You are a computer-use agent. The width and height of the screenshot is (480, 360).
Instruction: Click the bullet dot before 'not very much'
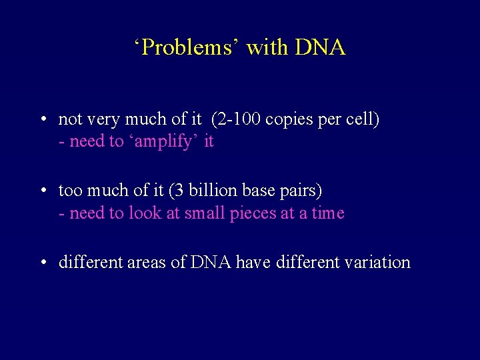click(42, 120)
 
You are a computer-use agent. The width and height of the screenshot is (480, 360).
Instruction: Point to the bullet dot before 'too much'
click(42, 191)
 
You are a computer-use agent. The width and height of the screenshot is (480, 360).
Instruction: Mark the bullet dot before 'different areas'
click(42, 263)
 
